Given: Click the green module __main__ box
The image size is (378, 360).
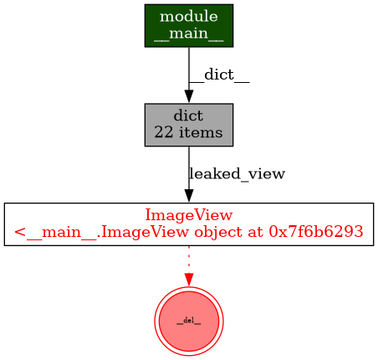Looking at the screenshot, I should pos(188,26).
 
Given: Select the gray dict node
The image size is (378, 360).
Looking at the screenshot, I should pos(188,125).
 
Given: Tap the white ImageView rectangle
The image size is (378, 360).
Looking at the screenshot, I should pos(188,224).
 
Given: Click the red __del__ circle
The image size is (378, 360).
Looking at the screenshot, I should pos(188,321).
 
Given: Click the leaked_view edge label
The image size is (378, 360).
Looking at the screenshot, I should pos(237,174).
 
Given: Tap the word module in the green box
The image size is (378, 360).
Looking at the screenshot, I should pos(188,18).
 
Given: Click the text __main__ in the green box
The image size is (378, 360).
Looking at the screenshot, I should pos(188,34).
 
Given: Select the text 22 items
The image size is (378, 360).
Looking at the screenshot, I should pos(188,132).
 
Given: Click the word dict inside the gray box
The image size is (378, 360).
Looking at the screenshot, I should pos(188,116).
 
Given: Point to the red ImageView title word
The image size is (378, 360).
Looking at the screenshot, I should pos(188,215).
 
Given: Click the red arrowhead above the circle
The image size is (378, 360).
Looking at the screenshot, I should pos(188,279).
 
